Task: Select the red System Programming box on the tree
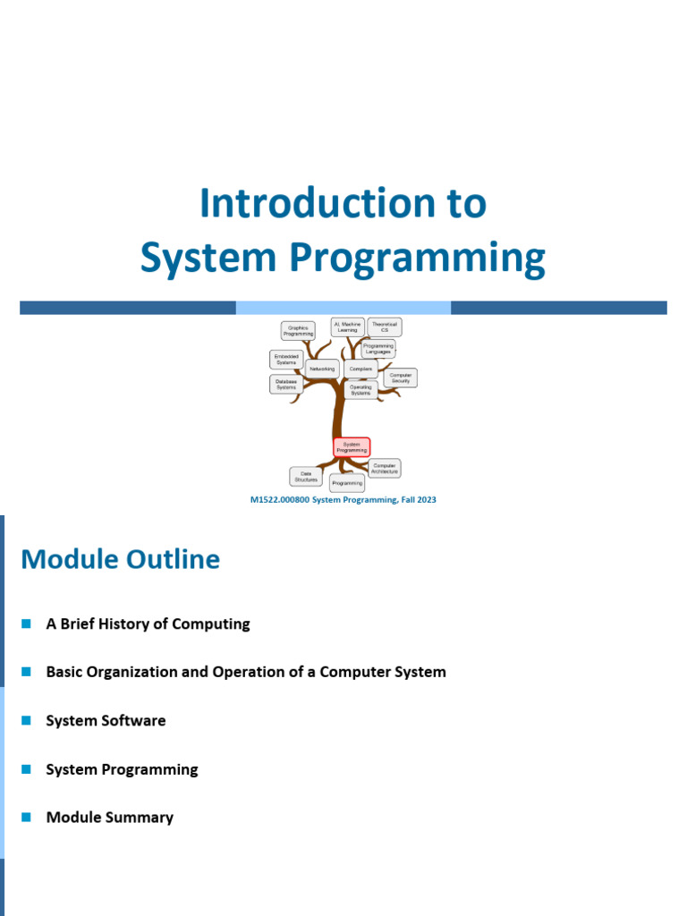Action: pyautogui.click(x=352, y=447)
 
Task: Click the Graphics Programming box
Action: pyautogui.click(x=298, y=331)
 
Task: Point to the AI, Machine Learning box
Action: pyautogui.click(x=347, y=327)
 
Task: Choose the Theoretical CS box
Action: pyautogui.click(x=385, y=327)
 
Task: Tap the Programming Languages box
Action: pyautogui.click(x=378, y=349)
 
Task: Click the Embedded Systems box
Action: pyautogui.click(x=286, y=360)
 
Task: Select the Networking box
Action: pyautogui.click(x=321, y=369)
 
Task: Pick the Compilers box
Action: pyautogui.click(x=360, y=369)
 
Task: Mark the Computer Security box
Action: pyautogui.click(x=400, y=378)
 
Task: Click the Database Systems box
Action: pyautogui.click(x=285, y=385)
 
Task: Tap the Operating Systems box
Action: pyautogui.click(x=360, y=390)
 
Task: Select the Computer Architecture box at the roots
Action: pyautogui.click(x=385, y=468)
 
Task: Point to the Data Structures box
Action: pyautogui.click(x=306, y=477)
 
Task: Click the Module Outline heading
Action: pyautogui.click(x=120, y=560)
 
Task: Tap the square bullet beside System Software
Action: pyautogui.click(x=26, y=720)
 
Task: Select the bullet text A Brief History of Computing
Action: pyautogui.click(x=148, y=624)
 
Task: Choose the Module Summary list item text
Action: pyautogui.click(x=109, y=818)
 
